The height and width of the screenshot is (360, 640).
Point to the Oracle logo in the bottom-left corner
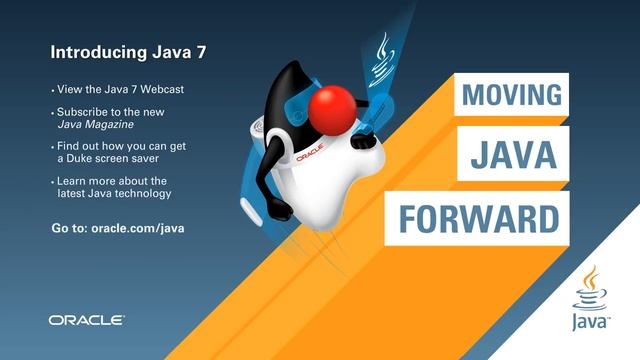click(86, 320)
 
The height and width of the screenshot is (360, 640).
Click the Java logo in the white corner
click(590, 300)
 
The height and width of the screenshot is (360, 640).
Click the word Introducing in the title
click(91, 49)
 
